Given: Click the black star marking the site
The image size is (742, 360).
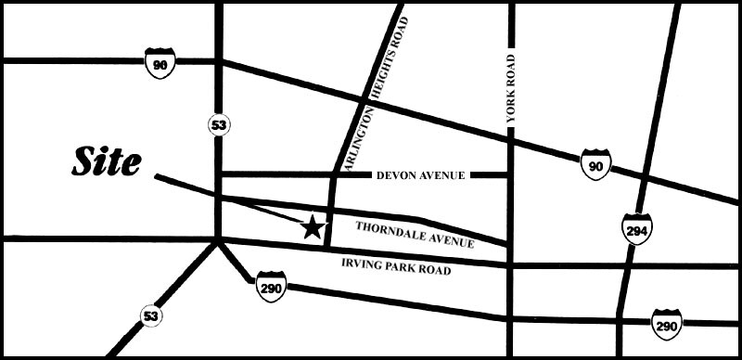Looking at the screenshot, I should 313,225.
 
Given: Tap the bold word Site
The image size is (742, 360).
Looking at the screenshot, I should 108,162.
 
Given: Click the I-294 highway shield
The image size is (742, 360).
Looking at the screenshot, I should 637,228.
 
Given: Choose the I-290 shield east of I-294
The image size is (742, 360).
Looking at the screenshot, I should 666,323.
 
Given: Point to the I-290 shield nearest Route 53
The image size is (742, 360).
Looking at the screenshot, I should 271,287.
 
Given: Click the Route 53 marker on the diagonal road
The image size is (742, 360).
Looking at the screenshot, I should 151,316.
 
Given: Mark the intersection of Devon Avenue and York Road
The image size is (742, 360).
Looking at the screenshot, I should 510,174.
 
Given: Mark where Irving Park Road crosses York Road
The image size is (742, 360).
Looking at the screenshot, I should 510,266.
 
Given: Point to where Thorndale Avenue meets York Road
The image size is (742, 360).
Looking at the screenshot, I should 510,243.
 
